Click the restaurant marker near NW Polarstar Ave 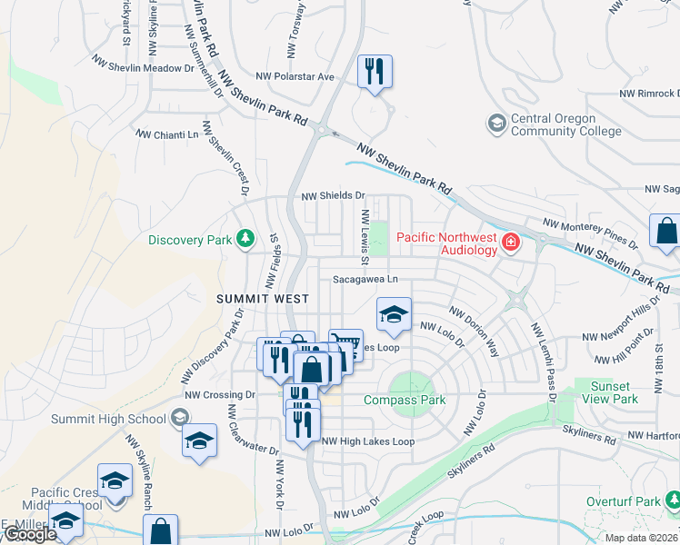tap(375, 71)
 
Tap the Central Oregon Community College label tap(554, 124)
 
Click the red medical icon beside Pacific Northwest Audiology tap(511, 241)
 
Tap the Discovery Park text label tap(190, 240)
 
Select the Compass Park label tap(404, 400)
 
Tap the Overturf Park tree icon tap(673, 500)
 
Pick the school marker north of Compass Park tap(394, 315)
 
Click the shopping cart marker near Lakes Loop tap(345, 344)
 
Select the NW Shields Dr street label tap(333, 195)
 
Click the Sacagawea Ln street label tap(365, 280)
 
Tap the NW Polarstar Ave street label tap(295, 77)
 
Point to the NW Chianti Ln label tap(166, 134)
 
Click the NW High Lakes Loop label tap(368, 441)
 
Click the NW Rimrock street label tap(648, 94)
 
